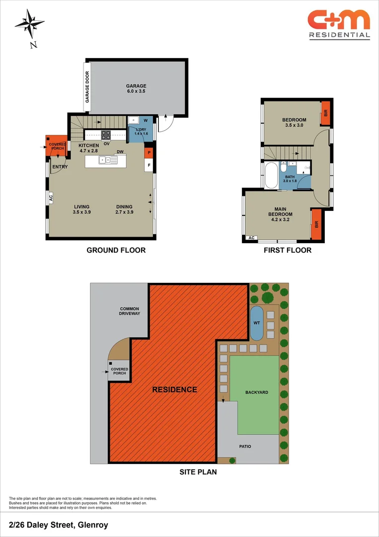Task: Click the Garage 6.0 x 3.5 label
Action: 136,89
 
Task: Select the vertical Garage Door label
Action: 87,88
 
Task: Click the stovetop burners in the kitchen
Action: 106,135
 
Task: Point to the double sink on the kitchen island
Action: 107,160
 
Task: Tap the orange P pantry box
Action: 148,153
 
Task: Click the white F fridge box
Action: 148,165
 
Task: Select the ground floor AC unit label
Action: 50,198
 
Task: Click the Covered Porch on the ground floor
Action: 57,146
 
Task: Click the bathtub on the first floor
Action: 272,176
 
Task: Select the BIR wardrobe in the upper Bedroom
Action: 325,113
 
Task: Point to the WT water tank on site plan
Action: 256,323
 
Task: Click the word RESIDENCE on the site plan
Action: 174,390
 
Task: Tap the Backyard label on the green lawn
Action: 256,392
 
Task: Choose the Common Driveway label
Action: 130,311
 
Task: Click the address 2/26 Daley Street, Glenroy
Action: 58,525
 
